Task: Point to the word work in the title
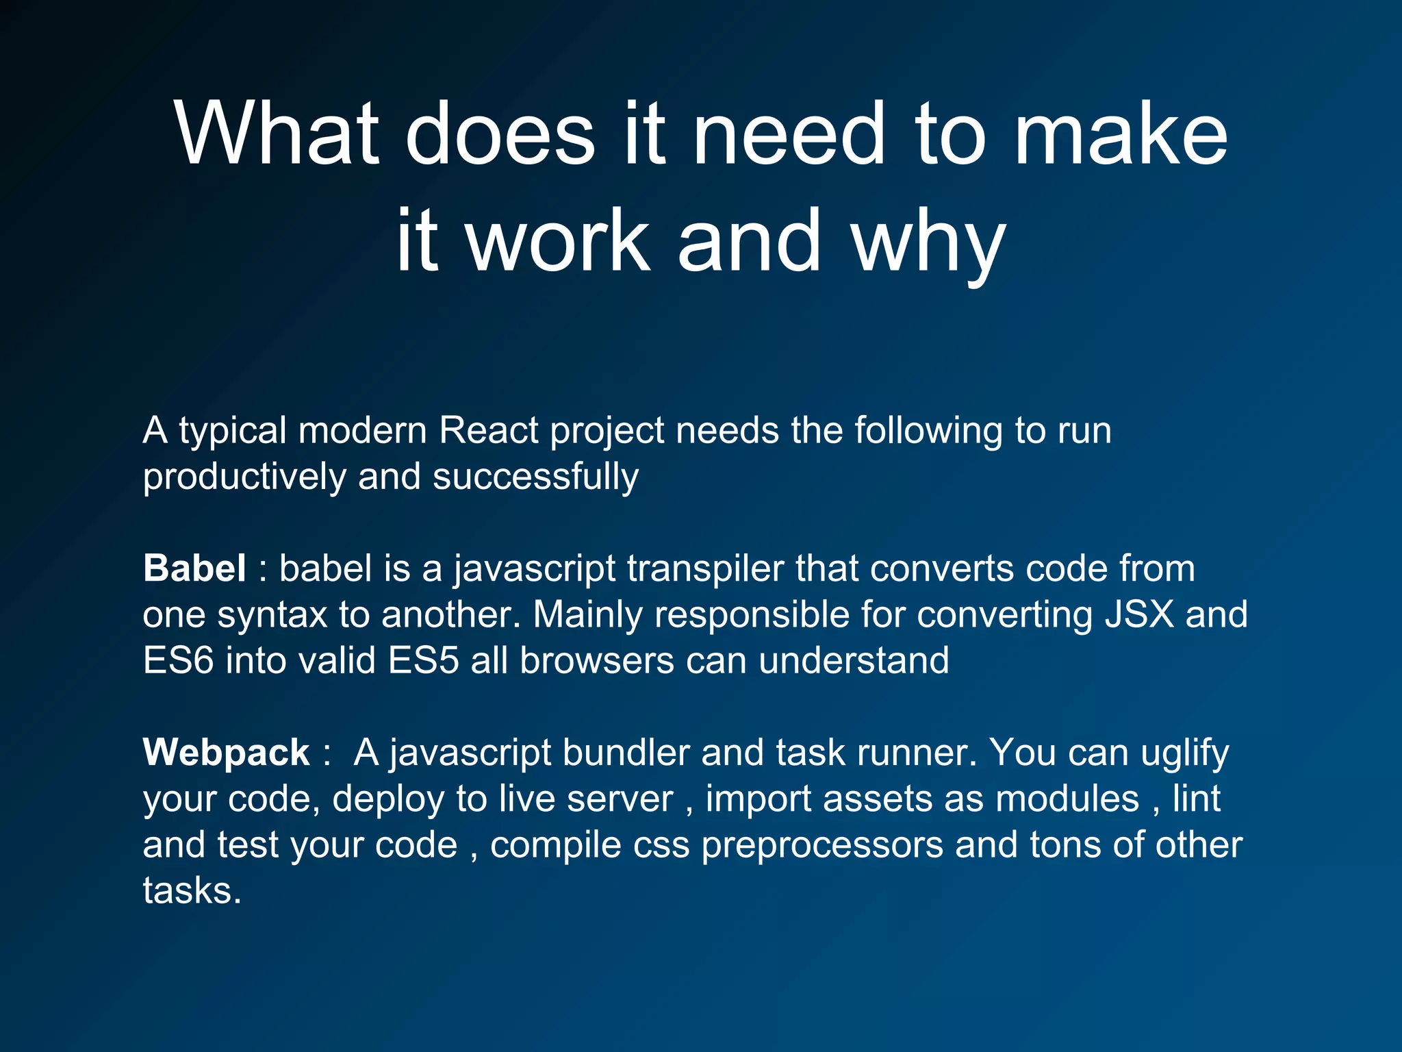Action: (558, 240)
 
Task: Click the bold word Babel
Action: (194, 568)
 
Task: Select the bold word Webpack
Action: (227, 752)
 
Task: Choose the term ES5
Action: (422, 661)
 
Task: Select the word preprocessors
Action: (822, 845)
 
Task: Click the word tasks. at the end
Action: (192, 890)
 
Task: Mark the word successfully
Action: (535, 477)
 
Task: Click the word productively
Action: (244, 477)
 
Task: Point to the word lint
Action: (1197, 799)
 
